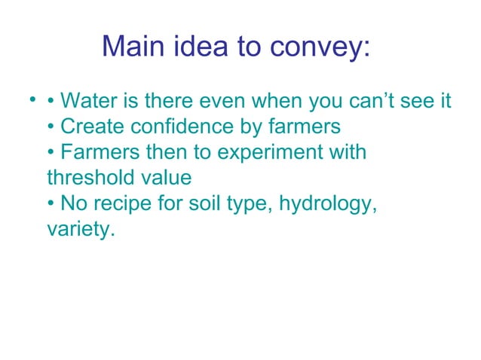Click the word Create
tap(90, 126)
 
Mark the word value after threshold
tap(167, 178)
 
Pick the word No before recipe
tap(75, 203)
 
